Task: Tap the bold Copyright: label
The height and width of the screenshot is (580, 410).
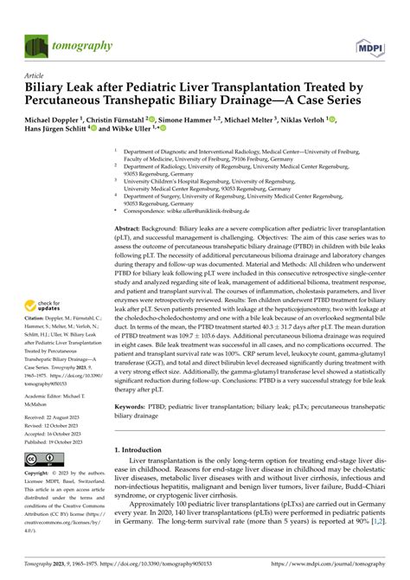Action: (x=41, y=474)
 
